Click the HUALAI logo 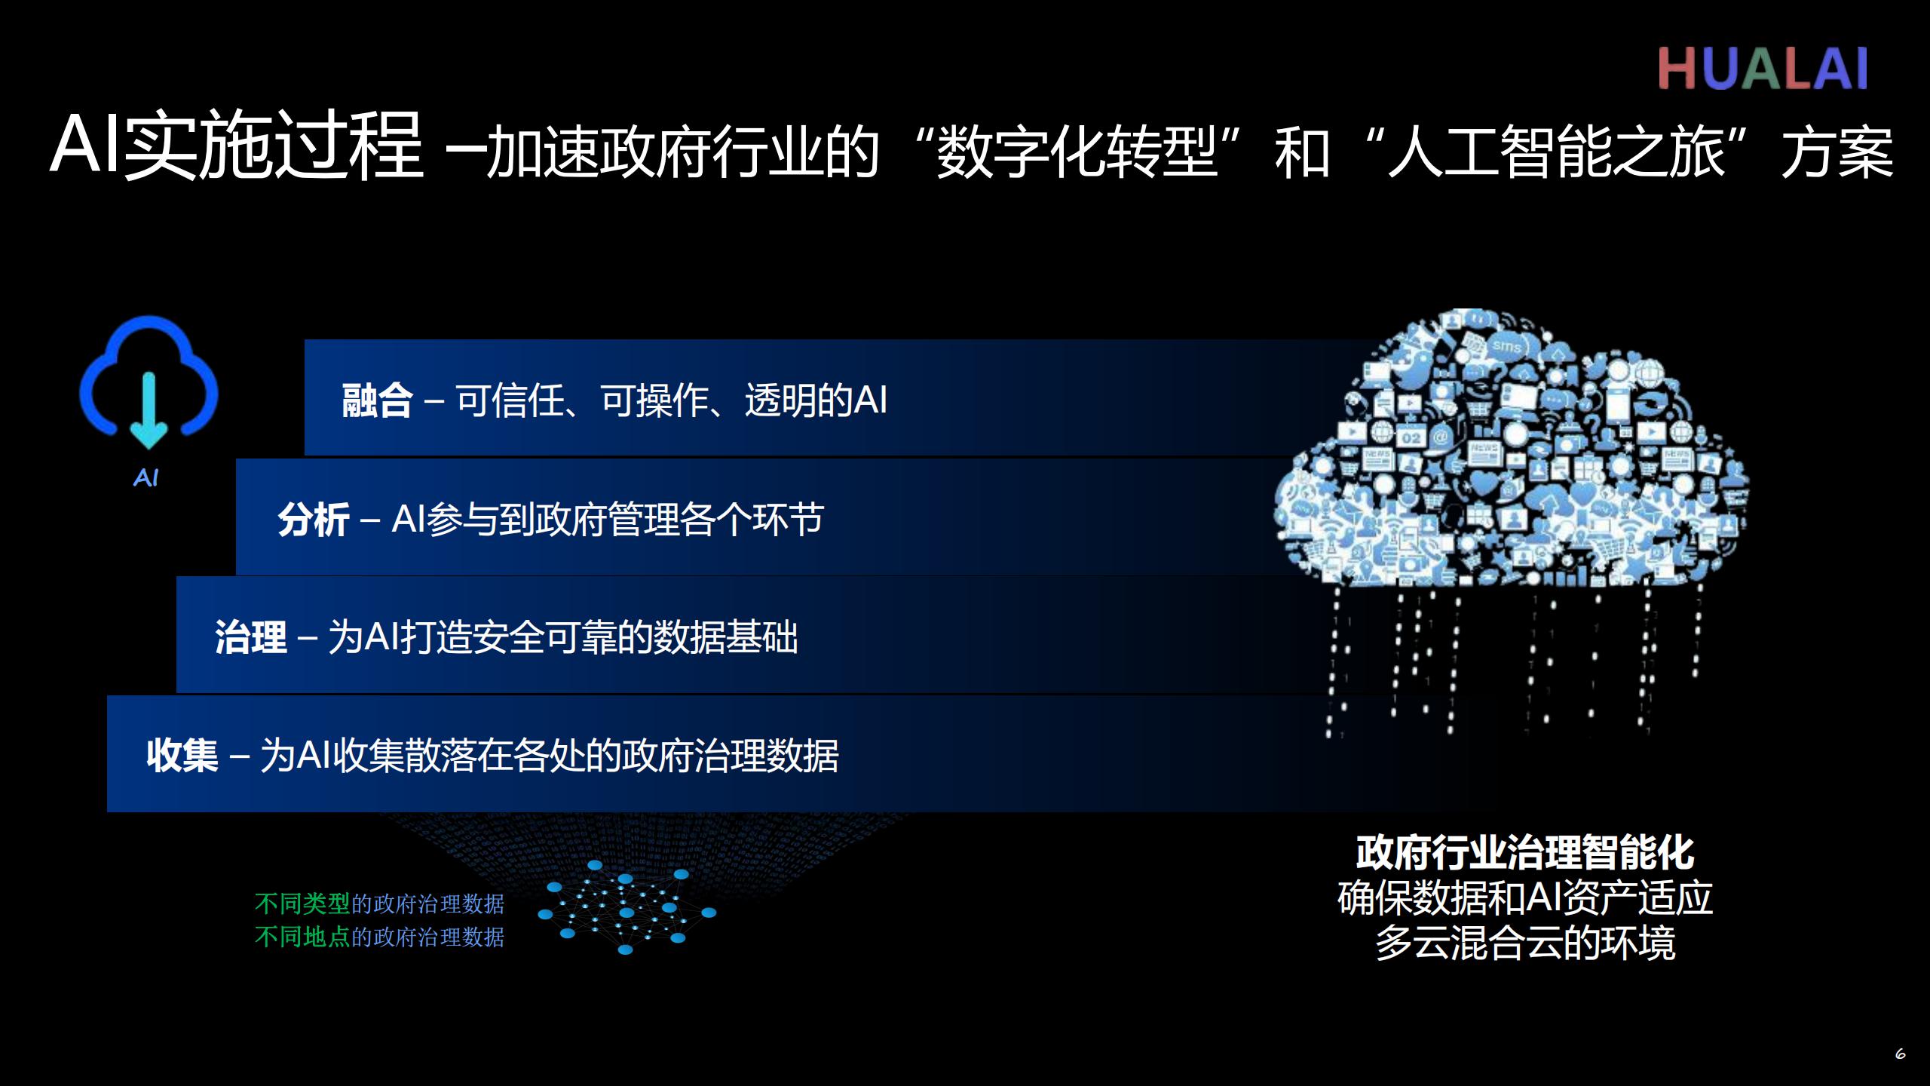coord(1763,69)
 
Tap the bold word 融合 coord(377,400)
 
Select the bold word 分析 coord(313,520)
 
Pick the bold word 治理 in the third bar coord(251,637)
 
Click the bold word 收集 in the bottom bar coord(182,755)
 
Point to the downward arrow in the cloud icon coord(149,410)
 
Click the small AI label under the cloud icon coord(146,478)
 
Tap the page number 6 coord(1901,1054)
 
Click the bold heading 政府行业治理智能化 coord(1525,853)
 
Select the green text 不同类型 coord(302,903)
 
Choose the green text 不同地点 coord(302,937)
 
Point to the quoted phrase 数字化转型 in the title coord(1077,151)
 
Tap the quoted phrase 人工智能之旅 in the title coord(1557,151)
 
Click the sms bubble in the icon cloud coord(1507,346)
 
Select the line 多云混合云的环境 coord(1525,943)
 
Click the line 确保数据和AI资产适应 coord(1525,897)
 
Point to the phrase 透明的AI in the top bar coord(816,400)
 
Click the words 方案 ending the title coord(1837,151)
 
